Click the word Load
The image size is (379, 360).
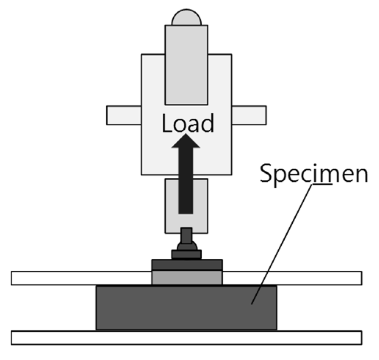(187, 123)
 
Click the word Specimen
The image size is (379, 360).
(313, 174)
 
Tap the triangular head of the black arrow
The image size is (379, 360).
(186, 141)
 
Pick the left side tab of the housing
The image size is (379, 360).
(124, 115)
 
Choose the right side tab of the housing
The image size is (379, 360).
(249, 115)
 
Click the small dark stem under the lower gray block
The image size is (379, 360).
(186, 235)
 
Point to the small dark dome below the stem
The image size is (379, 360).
(186, 246)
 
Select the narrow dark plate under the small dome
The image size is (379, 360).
(186, 254)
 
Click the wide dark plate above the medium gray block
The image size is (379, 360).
(187, 265)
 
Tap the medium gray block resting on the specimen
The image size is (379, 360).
(187, 277)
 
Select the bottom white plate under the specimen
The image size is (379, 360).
(186, 338)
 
